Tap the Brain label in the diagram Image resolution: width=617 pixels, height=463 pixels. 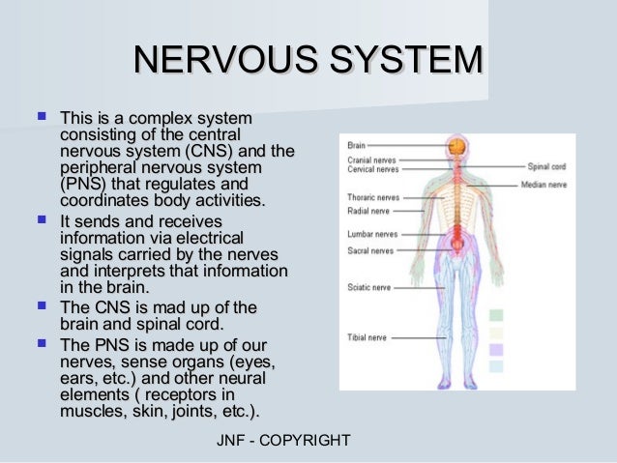356,146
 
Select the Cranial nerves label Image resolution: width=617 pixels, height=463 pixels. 370,159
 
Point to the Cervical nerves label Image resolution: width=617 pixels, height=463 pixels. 371,169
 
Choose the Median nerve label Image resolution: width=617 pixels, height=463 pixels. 544,185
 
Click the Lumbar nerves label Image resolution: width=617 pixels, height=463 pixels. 370,233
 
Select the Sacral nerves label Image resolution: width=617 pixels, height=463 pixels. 368,249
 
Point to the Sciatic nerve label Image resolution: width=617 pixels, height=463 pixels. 367,287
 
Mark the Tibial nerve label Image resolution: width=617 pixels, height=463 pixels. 365,338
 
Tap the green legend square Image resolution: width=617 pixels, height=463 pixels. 496,315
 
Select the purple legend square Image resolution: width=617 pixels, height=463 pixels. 496,349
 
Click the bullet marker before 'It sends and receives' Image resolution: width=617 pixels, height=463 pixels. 41,221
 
